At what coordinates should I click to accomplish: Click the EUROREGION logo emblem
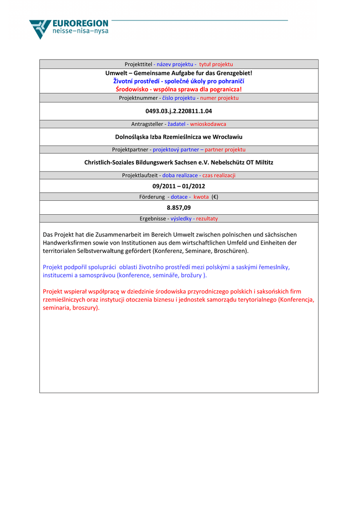coord(40,29)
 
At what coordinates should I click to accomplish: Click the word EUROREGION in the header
coord(80,23)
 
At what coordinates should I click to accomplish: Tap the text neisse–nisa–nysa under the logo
coord(80,31)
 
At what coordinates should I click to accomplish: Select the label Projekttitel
coord(138,64)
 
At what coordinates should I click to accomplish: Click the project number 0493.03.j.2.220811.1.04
coord(179,111)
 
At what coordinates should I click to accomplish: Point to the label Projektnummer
coord(138,98)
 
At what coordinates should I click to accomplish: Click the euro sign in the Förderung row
coord(215,197)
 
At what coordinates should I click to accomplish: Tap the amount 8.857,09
coord(179,208)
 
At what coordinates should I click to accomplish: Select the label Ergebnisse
coord(153,219)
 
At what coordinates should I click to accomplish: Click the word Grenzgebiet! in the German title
coord(234,73)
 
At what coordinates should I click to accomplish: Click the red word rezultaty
coord(207,219)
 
